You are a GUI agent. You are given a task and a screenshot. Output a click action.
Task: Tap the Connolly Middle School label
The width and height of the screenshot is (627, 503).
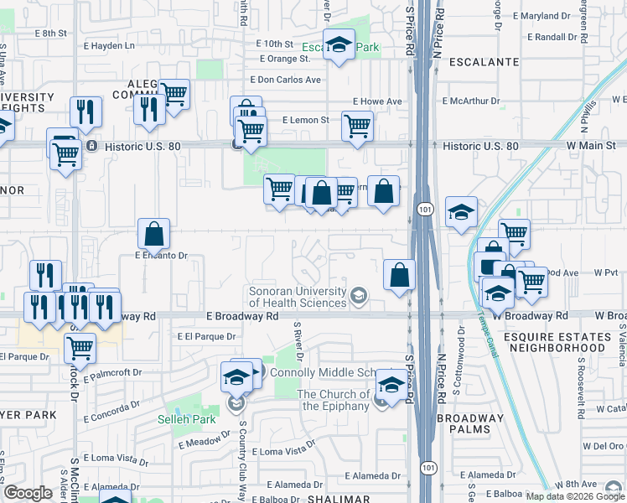coord(321,371)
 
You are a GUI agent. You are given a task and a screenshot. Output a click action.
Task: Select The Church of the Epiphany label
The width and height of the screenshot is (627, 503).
coord(333,400)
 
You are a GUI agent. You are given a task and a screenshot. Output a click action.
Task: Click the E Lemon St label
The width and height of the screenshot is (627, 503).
coord(306,120)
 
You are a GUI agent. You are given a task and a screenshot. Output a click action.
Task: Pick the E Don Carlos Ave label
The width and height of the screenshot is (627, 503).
coord(286,80)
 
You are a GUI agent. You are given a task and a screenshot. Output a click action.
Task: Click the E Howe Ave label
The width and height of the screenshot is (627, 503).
coord(377,101)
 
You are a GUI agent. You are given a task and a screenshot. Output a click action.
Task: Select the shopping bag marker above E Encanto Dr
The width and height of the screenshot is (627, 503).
coord(154,234)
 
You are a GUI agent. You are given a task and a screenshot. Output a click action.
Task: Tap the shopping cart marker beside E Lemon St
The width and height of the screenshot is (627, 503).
coord(358,127)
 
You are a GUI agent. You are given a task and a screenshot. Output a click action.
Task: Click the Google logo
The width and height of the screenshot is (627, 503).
coord(28,493)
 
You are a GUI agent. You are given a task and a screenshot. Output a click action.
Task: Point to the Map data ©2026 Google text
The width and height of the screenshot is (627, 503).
coord(575,496)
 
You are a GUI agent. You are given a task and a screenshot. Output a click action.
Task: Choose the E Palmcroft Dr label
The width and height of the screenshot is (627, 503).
coord(113,371)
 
